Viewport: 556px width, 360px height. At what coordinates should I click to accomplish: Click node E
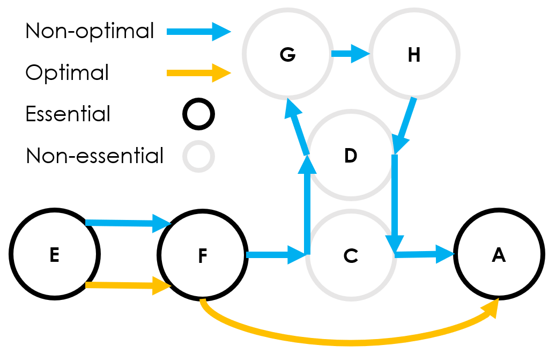[54, 255]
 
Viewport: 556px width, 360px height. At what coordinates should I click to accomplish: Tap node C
[351, 256]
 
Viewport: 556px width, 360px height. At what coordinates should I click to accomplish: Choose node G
[287, 54]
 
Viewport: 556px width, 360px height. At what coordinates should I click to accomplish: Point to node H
[414, 54]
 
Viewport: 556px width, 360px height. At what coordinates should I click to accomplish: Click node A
[499, 256]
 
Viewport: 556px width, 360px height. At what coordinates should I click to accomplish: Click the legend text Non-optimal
[90, 31]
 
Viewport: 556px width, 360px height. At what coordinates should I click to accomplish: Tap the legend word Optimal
[67, 72]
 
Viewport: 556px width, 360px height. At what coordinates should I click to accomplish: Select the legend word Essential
[68, 114]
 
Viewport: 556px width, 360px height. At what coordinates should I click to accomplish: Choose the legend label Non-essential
[94, 156]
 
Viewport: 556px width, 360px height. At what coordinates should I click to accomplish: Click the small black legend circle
[198, 114]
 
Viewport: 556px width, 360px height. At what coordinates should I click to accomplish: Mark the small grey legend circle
[198, 156]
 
